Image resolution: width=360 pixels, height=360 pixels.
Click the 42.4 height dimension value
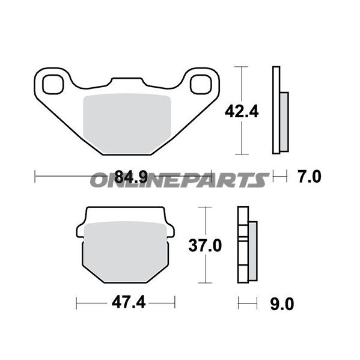tap(242, 112)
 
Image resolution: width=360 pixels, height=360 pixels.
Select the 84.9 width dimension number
tap(131, 177)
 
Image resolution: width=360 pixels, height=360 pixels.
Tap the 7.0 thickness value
tap(310, 177)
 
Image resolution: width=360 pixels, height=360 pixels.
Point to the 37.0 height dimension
tap(205, 245)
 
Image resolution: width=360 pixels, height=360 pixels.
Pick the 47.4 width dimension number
tap(129, 302)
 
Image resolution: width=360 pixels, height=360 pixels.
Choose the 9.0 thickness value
tap(282, 304)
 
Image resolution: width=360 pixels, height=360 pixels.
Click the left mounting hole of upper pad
tap(53, 84)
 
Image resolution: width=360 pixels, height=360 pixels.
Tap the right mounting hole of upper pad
tap(201, 84)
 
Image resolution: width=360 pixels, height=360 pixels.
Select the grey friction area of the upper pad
tap(127, 123)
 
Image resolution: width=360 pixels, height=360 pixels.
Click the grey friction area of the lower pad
tap(126, 251)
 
